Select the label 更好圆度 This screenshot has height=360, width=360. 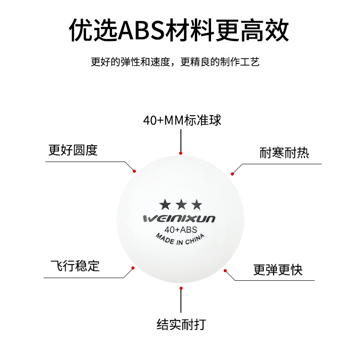(73, 150)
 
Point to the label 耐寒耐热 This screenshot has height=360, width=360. (284, 153)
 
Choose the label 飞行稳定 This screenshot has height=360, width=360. (75, 265)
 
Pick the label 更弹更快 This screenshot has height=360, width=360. (278, 270)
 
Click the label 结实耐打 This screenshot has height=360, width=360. (181, 324)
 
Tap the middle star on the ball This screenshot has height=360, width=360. (181, 205)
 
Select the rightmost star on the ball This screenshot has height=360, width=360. (197, 205)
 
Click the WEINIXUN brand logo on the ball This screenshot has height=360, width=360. (180, 219)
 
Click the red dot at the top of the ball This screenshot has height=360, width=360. (180, 153)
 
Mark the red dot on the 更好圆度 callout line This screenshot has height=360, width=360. (134, 171)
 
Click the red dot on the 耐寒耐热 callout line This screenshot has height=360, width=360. (233, 174)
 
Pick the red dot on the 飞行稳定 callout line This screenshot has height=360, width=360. (133, 268)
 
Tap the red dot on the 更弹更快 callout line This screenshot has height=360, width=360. (225, 270)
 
